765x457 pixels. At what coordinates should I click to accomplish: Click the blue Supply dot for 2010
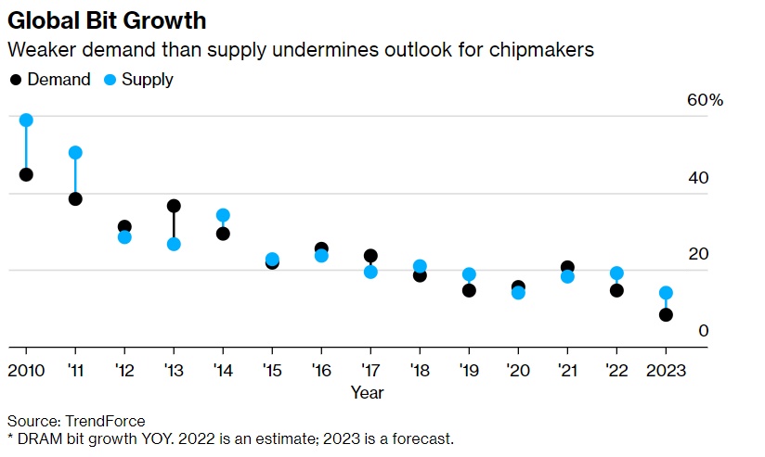click(x=26, y=121)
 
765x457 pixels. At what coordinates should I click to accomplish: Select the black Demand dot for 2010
click(x=26, y=174)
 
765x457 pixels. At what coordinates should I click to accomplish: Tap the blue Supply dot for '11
click(x=75, y=153)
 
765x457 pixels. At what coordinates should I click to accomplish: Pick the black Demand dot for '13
click(x=174, y=206)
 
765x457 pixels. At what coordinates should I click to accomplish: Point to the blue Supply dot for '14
click(x=223, y=215)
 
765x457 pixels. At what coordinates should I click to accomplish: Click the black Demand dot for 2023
click(x=666, y=315)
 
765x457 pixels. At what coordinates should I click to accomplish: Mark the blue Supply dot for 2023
click(x=666, y=293)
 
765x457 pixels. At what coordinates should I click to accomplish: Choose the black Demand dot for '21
click(x=567, y=268)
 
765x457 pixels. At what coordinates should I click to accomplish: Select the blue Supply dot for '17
click(x=370, y=272)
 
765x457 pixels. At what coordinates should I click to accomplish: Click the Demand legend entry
click(x=51, y=80)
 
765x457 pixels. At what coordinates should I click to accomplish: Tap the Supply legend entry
click(x=139, y=80)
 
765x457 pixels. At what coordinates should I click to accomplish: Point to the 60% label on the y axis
click(x=704, y=100)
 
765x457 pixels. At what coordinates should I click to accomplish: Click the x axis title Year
click(x=367, y=392)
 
